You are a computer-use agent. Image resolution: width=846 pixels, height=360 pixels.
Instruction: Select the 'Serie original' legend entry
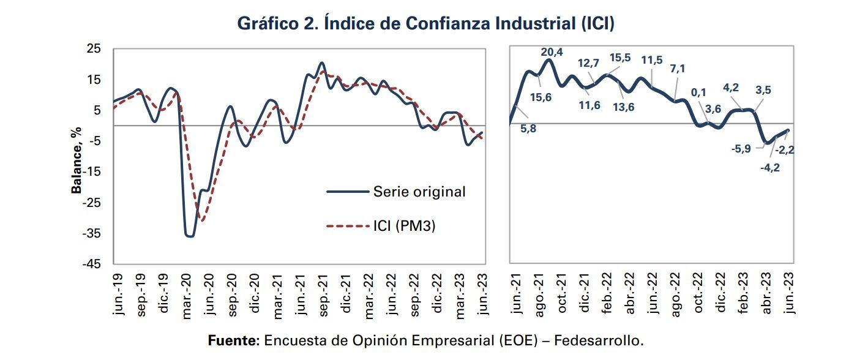[419, 192]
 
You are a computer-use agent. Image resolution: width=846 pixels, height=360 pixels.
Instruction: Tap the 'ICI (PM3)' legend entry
[403, 226]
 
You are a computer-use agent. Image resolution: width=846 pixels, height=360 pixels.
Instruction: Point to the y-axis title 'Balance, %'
[77, 160]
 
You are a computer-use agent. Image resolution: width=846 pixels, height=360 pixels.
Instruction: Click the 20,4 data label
[552, 52]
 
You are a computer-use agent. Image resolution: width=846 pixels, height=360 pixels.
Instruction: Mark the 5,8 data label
[528, 130]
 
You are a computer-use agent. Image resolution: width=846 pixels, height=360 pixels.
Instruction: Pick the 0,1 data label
[698, 92]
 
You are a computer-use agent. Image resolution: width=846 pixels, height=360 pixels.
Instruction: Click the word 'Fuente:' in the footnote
[234, 340]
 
